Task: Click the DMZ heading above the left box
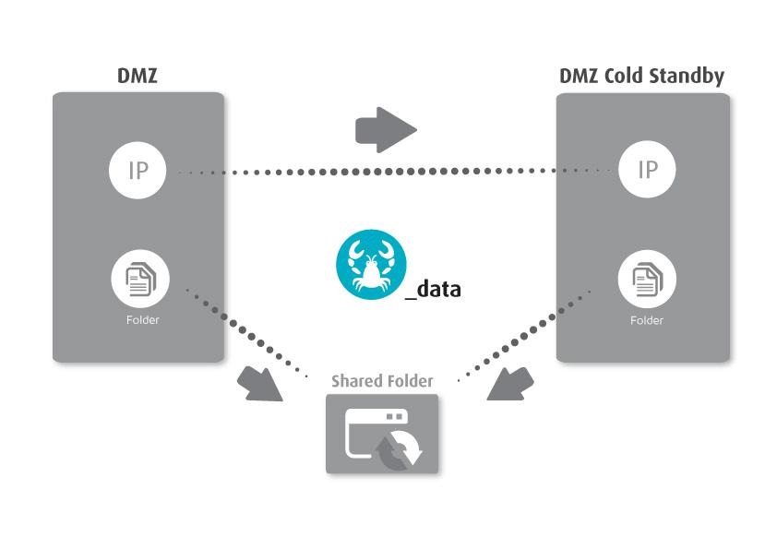pyautogui.click(x=137, y=76)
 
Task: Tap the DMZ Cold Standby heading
pyautogui.click(x=641, y=76)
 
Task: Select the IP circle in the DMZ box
pyautogui.click(x=137, y=170)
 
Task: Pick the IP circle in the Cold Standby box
pyautogui.click(x=647, y=170)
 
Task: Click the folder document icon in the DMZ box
pyautogui.click(x=139, y=278)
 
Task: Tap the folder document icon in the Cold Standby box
pyautogui.click(x=647, y=278)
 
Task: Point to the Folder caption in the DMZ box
pyautogui.click(x=142, y=320)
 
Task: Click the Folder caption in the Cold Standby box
pyautogui.click(x=647, y=320)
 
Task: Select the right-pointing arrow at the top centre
pyautogui.click(x=386, y=129)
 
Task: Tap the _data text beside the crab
pyautogui.click(x=433, y=289)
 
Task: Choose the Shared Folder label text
pyautogui.click(x=382, y=380)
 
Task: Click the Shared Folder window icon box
pyautogui.click(x=382, y=434)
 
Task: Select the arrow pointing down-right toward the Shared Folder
pyautogui.click(x=260, y=383)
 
